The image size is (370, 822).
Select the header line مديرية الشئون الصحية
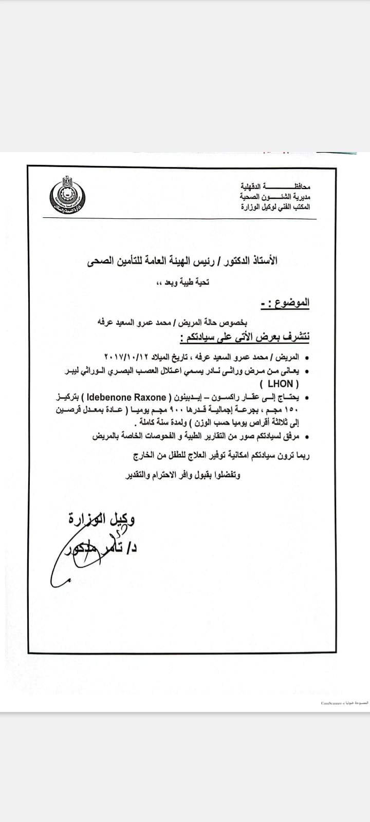[x=275, y=196]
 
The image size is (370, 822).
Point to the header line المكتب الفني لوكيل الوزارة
[x=275, y=207]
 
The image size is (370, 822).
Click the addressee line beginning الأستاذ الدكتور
[x=182, y=261]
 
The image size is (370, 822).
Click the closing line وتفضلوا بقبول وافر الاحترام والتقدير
[x=183, y=476]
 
